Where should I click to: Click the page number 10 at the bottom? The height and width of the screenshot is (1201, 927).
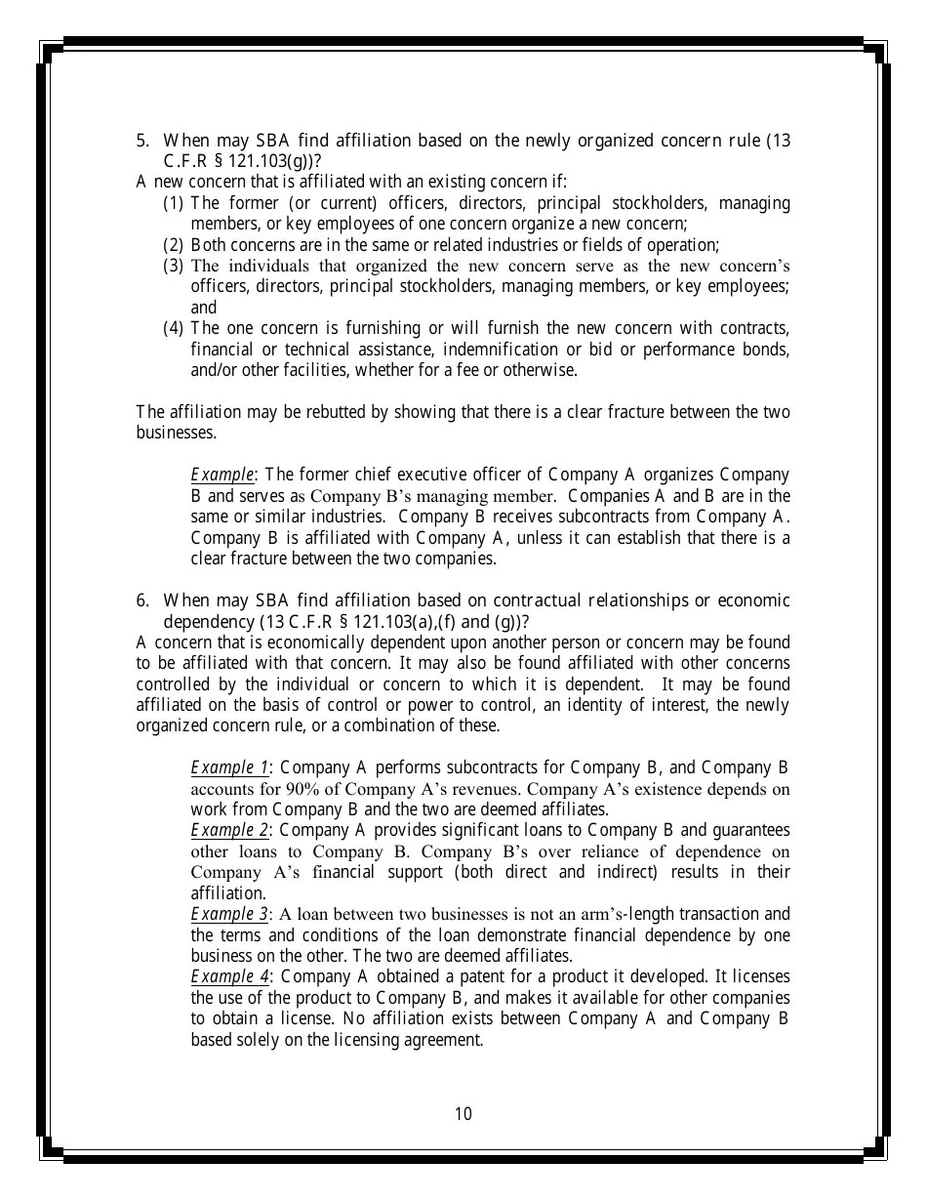coord(463,1114)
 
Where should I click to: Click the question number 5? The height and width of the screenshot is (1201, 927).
coord(141,141)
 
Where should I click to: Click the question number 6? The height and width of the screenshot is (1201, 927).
coord(141,600)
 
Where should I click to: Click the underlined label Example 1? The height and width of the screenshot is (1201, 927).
coord(229,767)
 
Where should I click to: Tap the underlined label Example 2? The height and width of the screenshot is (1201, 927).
coord(229,830)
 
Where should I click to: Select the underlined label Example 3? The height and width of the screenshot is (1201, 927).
coord(229,914)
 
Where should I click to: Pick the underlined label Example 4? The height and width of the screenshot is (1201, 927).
coord(229,976)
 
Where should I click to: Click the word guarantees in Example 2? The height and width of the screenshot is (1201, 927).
coord(750,830)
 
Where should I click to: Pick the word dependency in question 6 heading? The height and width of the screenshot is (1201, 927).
coord(208,622)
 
